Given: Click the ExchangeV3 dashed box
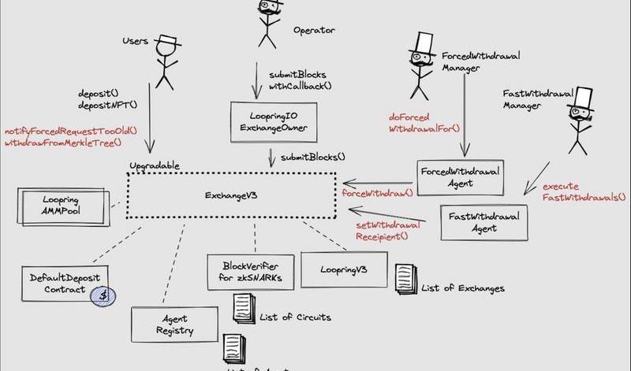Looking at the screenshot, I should click(x=232, y=195).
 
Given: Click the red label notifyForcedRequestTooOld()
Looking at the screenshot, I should click(x=71, y=131).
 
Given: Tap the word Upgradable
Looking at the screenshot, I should click(x=155, y=165).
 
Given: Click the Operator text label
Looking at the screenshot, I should click(x=315, y=31).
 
